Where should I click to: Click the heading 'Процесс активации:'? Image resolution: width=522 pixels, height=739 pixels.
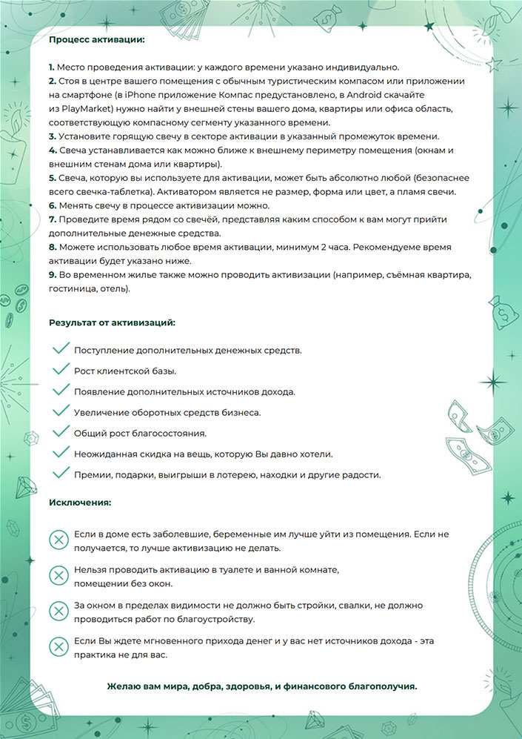(x=97, y=39)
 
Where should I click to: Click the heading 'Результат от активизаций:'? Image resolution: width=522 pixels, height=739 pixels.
(x=112, y=323)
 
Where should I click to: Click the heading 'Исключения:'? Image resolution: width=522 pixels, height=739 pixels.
(x=80, y=503)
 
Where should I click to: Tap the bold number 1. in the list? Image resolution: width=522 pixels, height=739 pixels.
(x=52, y=67)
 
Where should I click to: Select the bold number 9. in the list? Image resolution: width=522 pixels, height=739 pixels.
(x=52, y=276)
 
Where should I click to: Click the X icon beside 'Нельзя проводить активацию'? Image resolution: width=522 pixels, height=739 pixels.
(x=58, y=574)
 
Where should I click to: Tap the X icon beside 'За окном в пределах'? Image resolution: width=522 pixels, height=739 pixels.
(x=58, y=611)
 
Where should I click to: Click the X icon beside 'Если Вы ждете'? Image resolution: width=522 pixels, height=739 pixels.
(x=58, y=646)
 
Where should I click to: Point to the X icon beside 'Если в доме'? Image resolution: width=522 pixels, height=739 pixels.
(x=58, y=540)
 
